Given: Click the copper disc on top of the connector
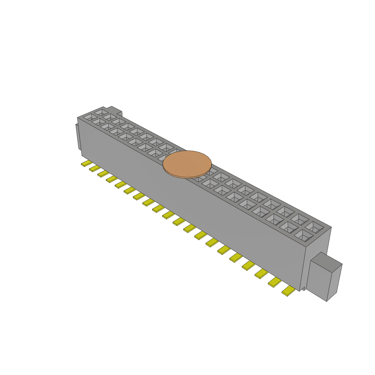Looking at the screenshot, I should (187, 164).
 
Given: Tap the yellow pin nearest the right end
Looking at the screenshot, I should (289, 291).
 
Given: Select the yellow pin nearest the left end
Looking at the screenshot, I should (86, 163).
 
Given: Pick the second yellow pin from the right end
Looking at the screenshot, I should (275, 282).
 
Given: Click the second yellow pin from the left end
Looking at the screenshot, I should (95, 168).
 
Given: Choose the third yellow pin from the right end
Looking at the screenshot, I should (261, 273).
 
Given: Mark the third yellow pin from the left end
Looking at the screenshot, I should (103, 173).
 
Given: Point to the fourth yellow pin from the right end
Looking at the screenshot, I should (248, 264).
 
